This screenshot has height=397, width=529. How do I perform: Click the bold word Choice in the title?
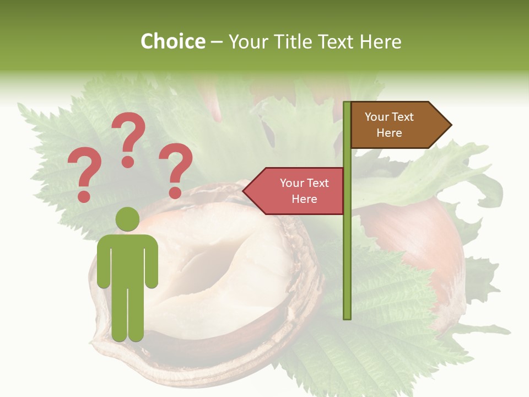172,41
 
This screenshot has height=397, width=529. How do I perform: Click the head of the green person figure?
127,219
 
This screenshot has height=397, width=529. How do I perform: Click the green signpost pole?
347,248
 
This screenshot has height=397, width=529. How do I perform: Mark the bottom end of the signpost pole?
347,317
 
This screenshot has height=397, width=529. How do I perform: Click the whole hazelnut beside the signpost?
419,243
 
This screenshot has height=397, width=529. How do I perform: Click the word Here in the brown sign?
389,133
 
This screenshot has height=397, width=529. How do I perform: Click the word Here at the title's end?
380,41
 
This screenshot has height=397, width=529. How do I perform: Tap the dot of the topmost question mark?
128,161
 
